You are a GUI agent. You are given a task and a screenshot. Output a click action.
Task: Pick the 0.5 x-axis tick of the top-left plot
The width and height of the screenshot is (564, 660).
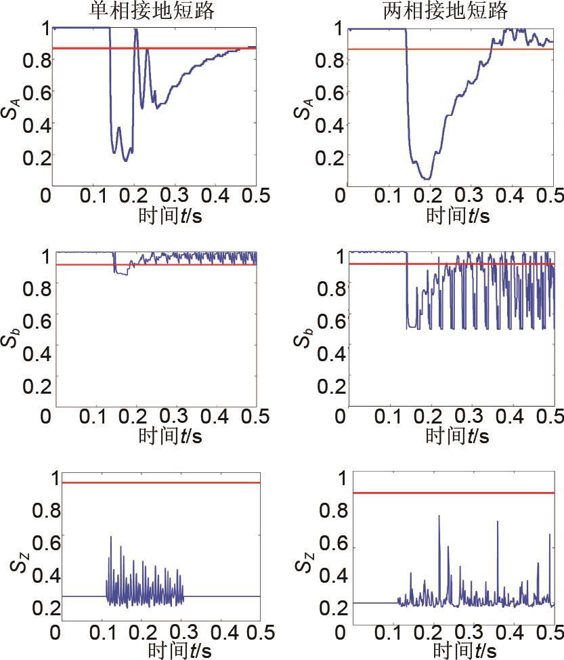(255, 197)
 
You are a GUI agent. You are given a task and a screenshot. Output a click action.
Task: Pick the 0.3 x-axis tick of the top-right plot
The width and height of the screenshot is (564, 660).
(469, 197)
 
